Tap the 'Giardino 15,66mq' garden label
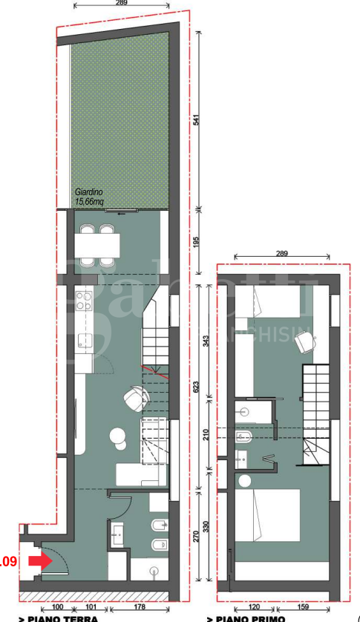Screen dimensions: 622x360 pyautogui.click(x=88, y=196)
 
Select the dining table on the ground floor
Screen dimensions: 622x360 pyautogui.click(x=96, y=244)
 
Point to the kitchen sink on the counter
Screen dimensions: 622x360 pyautogui.click(x=84, y=342)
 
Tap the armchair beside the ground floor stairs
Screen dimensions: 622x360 pyautogui.click(x=137, y=397)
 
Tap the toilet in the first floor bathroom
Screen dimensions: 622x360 pyautogui.click(x=243, y=436)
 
